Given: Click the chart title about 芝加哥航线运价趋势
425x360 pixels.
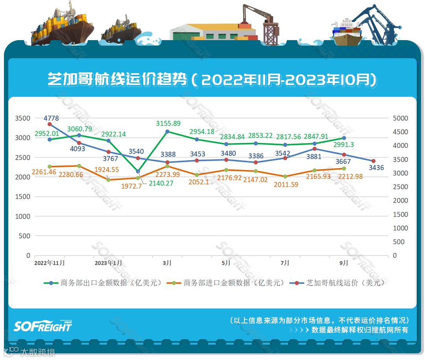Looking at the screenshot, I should [212, 79].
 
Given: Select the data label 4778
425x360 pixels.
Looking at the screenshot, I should [52, 118].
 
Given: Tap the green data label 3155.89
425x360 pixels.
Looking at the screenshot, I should [168, 123].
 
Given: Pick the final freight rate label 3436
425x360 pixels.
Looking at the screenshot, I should [376, 168].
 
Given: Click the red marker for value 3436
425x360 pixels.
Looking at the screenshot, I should [373, 161].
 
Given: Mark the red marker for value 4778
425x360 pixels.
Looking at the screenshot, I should [50, 124].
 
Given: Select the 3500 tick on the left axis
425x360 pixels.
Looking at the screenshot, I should [22, 118].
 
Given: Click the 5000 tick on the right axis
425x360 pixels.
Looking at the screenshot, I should [400, 118].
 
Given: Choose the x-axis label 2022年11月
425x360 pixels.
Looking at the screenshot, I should [50, 263].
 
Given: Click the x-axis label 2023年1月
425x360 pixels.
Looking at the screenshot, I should [108, 263].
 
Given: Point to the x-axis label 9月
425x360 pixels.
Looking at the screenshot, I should [344, 263].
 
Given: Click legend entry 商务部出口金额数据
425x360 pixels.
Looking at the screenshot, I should [111, 283].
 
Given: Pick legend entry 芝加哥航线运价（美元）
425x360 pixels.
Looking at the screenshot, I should [343, 283].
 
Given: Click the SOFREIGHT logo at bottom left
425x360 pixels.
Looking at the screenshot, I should [43, 326].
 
